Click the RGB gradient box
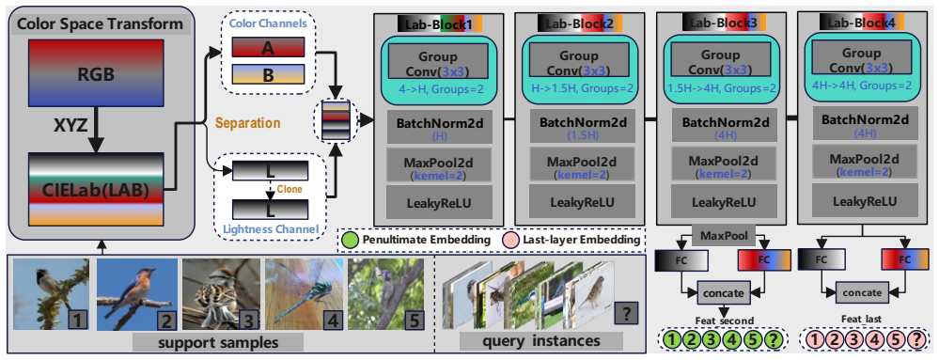(x=96, y=77)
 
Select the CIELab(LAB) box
(x=96, y=189)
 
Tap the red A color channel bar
(x=268, y=47)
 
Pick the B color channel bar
(x=268, y=73)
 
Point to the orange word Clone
(x=289, y=189)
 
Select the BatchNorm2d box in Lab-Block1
(x=440, y=126)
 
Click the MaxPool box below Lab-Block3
(x=724, y=235)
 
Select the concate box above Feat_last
(x=862, y=293)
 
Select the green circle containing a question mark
(x=774, y=341)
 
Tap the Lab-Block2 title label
(x=580, y=23)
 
